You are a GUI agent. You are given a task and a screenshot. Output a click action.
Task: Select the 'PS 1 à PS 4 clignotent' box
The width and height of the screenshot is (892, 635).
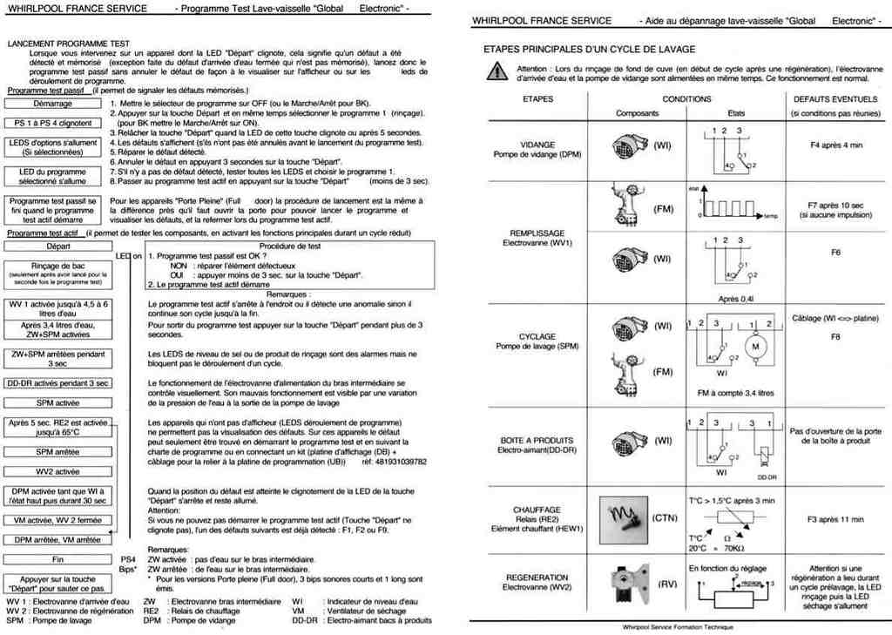[53, 124]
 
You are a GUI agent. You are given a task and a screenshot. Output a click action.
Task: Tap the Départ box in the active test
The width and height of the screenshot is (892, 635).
[58, 247]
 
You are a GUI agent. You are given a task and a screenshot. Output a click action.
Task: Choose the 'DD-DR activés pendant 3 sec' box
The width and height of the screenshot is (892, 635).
[58, 383]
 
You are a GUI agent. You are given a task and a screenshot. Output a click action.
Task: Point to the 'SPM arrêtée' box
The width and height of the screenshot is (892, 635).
[58, 452]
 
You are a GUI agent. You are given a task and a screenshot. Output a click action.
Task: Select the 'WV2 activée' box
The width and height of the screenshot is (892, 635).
[58, 472]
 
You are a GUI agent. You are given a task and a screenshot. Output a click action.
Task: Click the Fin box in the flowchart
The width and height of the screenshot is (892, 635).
[58, 560]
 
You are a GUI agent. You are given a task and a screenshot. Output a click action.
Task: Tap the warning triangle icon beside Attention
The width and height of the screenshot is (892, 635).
[496, 72]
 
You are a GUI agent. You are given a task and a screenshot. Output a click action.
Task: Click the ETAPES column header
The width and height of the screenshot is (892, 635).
[537, 99]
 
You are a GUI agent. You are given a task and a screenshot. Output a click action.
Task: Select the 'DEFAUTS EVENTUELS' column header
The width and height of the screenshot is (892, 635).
[835, 99]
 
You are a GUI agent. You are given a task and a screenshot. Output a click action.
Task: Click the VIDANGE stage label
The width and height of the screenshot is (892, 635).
[537, 145]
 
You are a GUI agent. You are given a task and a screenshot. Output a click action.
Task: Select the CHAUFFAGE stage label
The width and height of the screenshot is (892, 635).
[537, 510]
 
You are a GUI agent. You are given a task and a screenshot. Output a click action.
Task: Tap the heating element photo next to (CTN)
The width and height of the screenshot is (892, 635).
[624, 520]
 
